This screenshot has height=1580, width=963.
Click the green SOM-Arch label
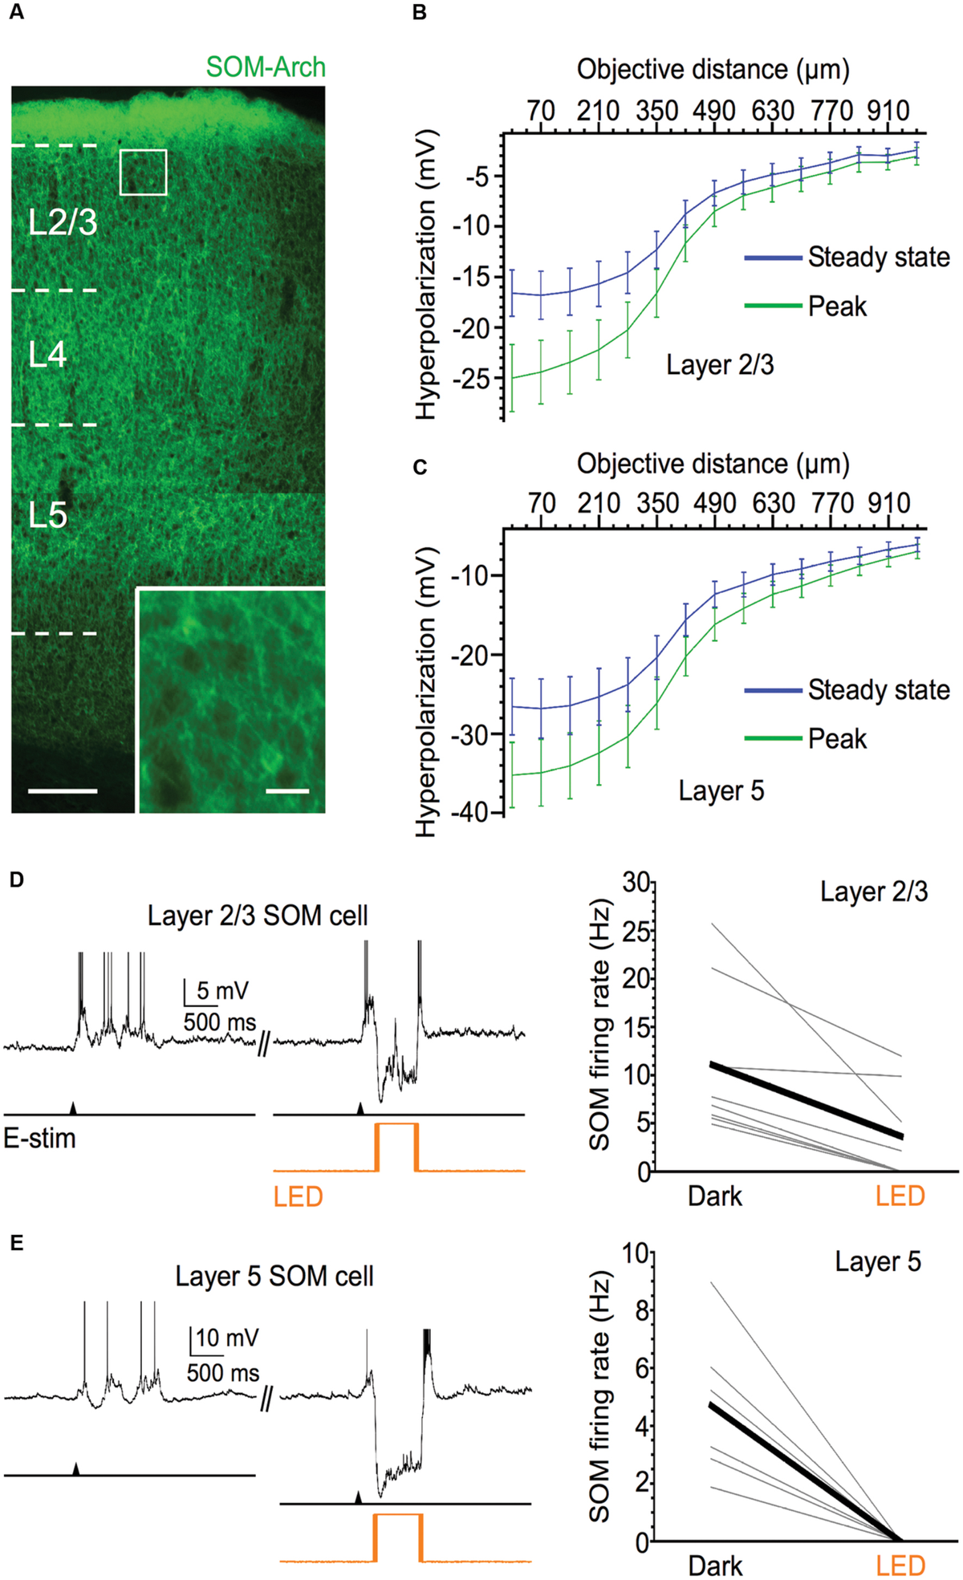[x=266, y=67]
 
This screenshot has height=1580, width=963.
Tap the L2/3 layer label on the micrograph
[x=63, y=222]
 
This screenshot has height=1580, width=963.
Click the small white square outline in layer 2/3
[x=144, y=172]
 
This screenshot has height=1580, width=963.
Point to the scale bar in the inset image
[x=287, y=791]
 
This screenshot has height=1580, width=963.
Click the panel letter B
[x=419, y=14]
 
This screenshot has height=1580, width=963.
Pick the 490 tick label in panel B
[x=714, y=110]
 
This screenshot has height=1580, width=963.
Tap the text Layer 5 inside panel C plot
[x=721, y=790]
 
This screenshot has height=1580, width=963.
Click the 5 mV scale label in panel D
[x=222, y=991]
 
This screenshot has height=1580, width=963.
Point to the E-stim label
[x=39, y=1138]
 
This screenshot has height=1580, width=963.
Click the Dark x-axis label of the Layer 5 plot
[x=714, y=1566]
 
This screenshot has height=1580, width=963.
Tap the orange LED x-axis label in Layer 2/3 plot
[x=900, y=1196]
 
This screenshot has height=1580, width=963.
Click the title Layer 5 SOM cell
[x=274, y=1276]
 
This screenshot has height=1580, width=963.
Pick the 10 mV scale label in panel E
[x=227, y=1338]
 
